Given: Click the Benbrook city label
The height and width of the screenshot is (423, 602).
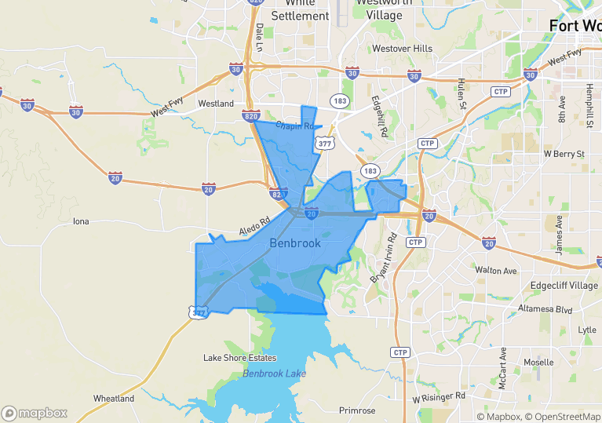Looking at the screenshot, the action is pos(294,243).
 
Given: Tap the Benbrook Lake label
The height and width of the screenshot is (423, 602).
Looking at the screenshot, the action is pos(274,374).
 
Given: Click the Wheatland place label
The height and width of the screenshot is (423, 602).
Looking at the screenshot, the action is pos(114,399).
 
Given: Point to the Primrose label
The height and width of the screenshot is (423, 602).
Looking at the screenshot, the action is pos(357,410).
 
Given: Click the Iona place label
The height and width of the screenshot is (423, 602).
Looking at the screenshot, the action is pos(81,221).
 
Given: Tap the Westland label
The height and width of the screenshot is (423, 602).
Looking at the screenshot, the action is pos(216,104).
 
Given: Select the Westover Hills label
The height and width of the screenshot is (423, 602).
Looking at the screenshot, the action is pos(402,49).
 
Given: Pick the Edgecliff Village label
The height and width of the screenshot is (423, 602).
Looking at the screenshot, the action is pos(564,286).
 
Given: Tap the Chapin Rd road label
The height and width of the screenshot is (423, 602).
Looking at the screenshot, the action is pos(294,126).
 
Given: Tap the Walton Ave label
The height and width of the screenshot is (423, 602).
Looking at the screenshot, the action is pos(496,271).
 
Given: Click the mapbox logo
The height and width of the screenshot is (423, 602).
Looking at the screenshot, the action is pos(35,413).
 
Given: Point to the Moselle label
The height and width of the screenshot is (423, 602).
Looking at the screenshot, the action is pos(538,363).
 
